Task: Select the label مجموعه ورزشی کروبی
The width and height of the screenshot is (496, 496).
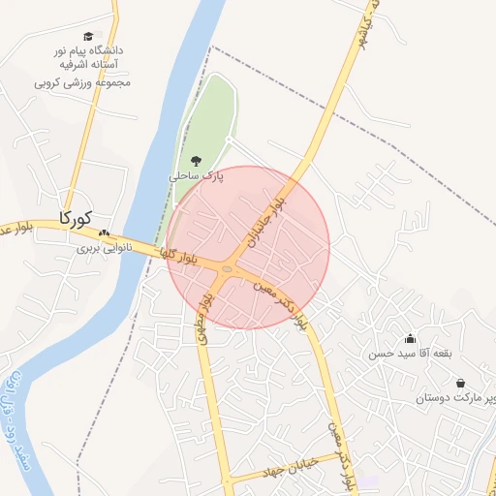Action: tap(83, 82)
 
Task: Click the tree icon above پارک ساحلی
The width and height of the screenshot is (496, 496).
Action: tap(197, 161)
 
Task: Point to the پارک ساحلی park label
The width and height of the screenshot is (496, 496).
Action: tap(197, 177)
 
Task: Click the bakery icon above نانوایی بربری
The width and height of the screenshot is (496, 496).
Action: tap(104, 233)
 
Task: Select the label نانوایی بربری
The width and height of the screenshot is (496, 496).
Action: tap(103, 248)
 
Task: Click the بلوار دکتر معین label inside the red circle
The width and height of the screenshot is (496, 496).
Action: tap(282, 301)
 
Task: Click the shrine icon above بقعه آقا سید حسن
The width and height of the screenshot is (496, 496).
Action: tap(411, 338)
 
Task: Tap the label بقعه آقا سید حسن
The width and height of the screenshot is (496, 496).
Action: tap(410, 354)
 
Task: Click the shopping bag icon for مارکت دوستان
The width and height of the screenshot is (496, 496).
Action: tap(459, 383)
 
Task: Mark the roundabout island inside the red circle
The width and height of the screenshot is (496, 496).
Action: tap(227, 270)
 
